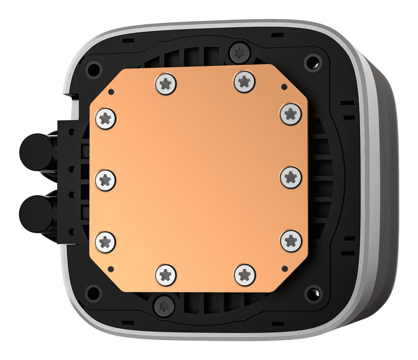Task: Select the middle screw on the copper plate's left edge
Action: pyautogui.click(x=106, y=180)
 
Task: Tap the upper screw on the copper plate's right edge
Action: pyautogui.click(x=291, y=114)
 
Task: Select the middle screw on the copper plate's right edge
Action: pyautogui.click(x=291, y=177)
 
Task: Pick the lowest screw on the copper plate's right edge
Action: pyautogui.click(x=291, y=240)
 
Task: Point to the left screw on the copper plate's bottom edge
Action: pyautogui.click(x=166, y=275)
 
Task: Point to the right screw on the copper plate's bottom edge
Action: pyautogui.click(x=245, y=275)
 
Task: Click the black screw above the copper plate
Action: pyautogui.click(x=240, y=52)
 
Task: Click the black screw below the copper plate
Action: pyautogui.click(x=164, y=306)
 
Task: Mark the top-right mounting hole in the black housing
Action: pyautogui.click(x=312, y=63)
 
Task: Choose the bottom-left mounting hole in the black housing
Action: pyautogui.click(x=93, y=293)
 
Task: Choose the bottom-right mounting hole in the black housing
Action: pyautogui.click(x=313, y=294)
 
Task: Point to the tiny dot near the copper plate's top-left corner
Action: pyautogui.click(x=111, y=93)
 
